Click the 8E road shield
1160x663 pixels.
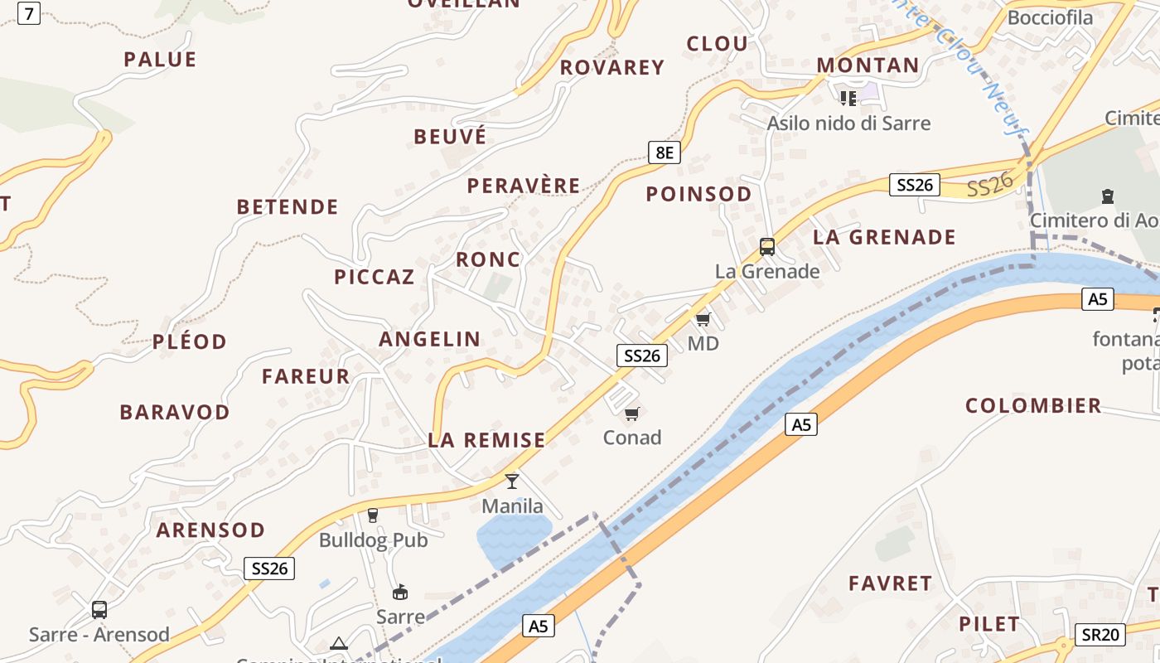tap(664, 152)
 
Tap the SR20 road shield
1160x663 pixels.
tap(1100, 635)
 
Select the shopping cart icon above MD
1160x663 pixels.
tap(703, 319)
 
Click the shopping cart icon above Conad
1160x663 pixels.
tap(632, 414)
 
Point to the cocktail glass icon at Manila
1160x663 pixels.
tap(512, 481)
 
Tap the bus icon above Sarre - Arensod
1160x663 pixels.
tap(99, 610)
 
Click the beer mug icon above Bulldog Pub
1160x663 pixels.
tap(373, 515)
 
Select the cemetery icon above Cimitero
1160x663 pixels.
tap(1107, 196)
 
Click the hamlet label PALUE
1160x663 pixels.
tap(160, 60)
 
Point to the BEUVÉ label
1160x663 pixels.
tap(450, 137)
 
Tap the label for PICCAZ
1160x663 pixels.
tap(375, 278)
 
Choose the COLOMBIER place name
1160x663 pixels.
tap(1033, 406)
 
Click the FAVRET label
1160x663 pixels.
tap(891, 583)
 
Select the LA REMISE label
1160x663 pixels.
tap(486, 440)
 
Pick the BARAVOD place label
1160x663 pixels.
tap(175, 412)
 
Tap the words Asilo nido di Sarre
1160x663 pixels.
tap(848, 123)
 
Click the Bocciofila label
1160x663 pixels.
tap(1050, 17)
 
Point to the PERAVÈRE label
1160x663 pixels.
tap(524, 186)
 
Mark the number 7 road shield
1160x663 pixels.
tap(29, 13)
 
